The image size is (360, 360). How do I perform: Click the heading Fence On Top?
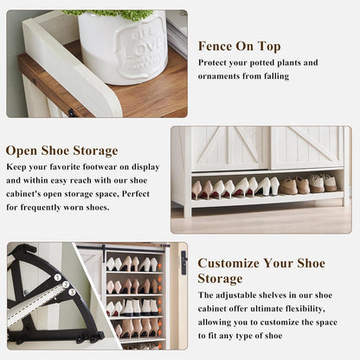click(x=239, y=47)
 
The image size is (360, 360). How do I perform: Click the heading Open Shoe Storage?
click(x=61, y=151)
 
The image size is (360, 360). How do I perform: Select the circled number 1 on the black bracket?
click(x=58, y=278)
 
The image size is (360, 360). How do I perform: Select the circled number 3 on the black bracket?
click(x=72, y=292)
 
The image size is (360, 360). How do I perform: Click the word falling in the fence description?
click(x=276, y=76)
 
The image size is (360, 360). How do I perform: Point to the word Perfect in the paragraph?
click(x=136, y=194)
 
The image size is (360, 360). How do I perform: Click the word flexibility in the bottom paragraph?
click(x=305, y=309)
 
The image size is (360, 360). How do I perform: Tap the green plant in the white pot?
click(x=110, y=15)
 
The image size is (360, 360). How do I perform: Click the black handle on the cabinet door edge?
click(x=183, y=262)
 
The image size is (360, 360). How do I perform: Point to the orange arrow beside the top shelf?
click(x=159, y=265)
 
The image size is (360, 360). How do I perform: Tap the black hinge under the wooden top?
click(x=72, y=112)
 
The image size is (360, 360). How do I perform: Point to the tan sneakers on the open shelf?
click(x=307, y=183)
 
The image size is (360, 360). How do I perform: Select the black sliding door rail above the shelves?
click(x=121, y=247)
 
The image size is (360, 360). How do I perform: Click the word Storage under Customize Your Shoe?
click(x=220, y=279)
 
